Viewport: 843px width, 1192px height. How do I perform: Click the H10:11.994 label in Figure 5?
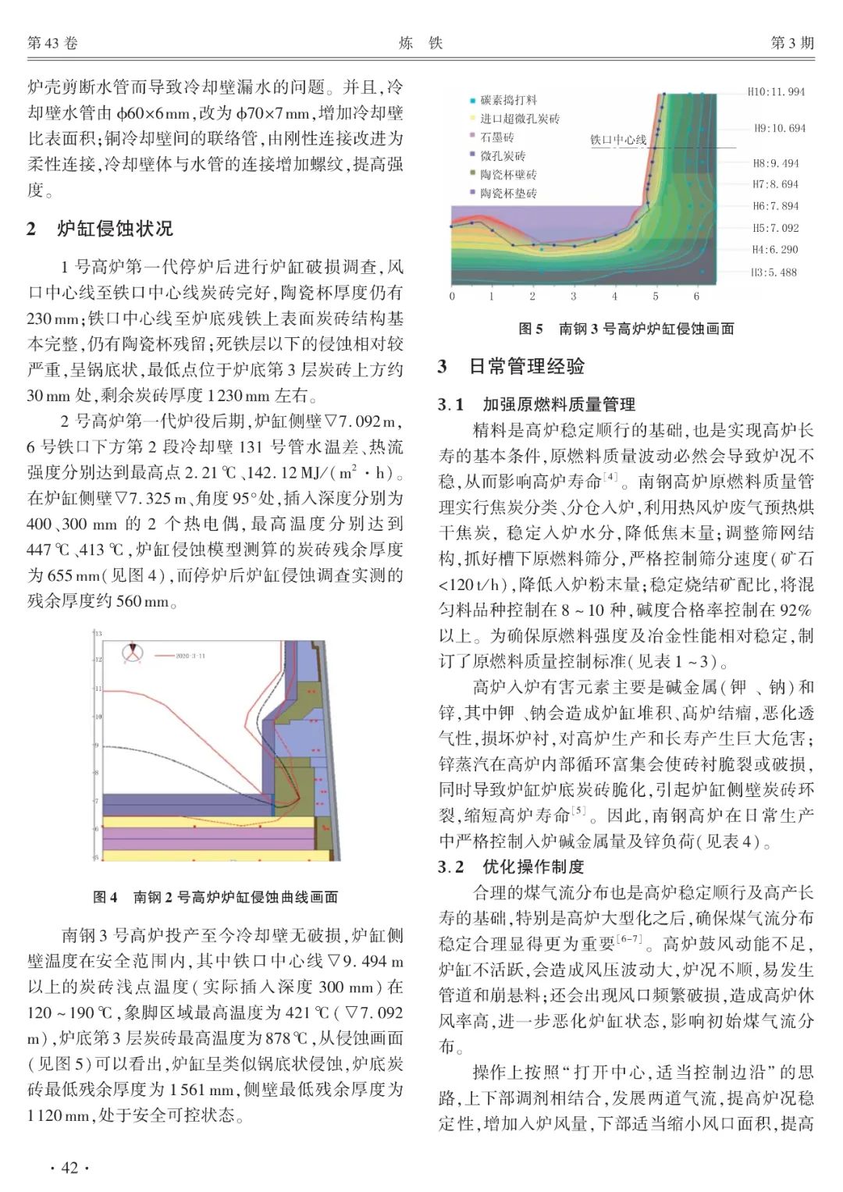[x=776, y=92]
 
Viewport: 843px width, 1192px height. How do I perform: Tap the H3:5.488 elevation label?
[x=774, y=272]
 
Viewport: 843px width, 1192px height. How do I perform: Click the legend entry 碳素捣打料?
[x=508, y=100]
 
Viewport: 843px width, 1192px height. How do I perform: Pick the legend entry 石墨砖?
[x=497, y=137]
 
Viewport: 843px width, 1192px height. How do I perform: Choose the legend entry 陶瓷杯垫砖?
[x=508, y=193]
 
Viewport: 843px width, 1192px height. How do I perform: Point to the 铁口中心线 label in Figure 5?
[x=618, y=140]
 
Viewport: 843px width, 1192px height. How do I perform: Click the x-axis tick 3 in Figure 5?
[x=573, y=297]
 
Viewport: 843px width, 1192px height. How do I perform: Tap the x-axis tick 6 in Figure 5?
[x=696, y=297]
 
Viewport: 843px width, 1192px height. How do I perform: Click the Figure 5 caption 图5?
[x=531, y=329]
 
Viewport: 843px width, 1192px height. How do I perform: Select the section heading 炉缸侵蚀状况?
[x=115, y=229]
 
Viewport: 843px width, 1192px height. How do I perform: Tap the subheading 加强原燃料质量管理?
[x=559, y=404]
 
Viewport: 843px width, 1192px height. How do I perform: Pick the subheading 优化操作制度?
[x=533, y=866]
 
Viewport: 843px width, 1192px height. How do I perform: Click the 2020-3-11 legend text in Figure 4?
[x=190, y=656]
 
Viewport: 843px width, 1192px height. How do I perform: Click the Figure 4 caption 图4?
[x=105, y=897]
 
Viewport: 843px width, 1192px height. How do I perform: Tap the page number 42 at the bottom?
[x=69, y=1168]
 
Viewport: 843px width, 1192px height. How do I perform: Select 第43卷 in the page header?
[x=52, y=43]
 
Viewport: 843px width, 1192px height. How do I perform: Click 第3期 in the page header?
[x=792, y=43]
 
